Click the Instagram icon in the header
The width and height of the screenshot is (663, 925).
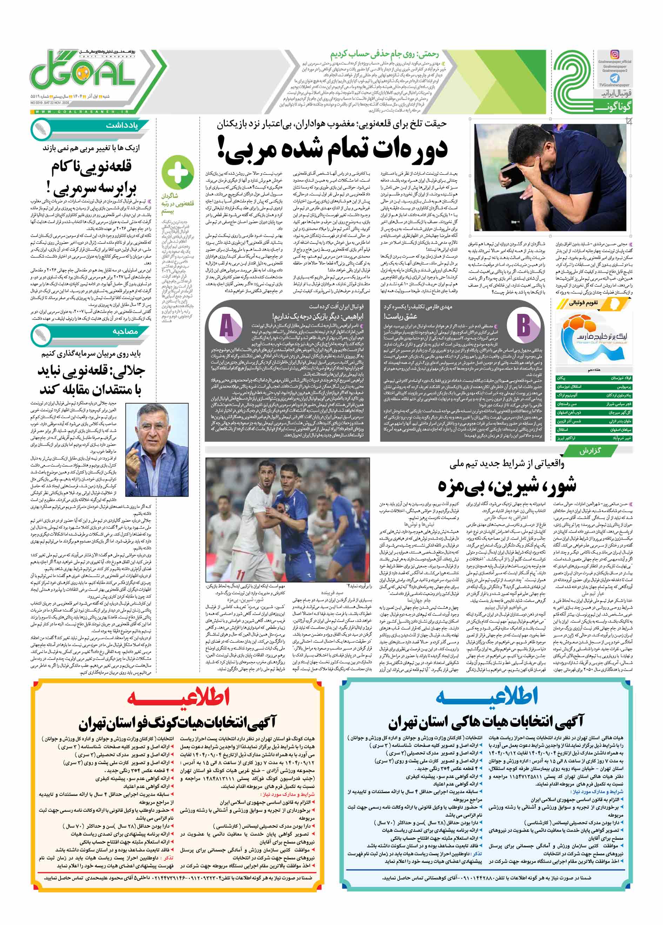615,54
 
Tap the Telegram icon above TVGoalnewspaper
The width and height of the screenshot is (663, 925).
615,78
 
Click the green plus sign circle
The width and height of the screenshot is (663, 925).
178,171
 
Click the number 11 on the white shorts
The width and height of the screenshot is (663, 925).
241,575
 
